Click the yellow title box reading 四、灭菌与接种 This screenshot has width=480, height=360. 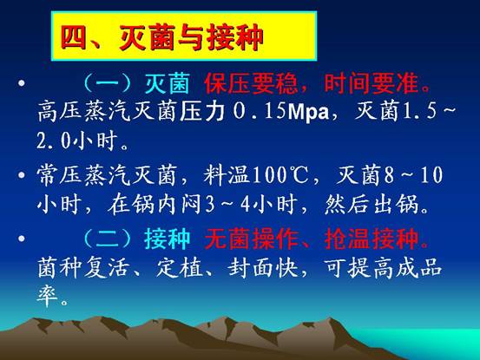[184, 36]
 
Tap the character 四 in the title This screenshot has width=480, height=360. [74, 38]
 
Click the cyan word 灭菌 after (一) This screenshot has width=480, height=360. [167, 83]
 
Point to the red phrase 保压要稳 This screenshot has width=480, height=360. [251, 83]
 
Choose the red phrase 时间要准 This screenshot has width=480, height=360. [372, 83]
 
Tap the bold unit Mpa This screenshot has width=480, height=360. [308, 112]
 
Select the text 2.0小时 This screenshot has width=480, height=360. [78, 141]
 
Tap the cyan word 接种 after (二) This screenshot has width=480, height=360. [167, 239]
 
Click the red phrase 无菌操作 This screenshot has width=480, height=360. [251, 239]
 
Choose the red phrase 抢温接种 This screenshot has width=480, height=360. [372, 239]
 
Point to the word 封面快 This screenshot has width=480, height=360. [263, 268]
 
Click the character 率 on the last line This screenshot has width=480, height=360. [48, 296]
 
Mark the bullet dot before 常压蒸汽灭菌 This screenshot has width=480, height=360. [22, 175]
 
